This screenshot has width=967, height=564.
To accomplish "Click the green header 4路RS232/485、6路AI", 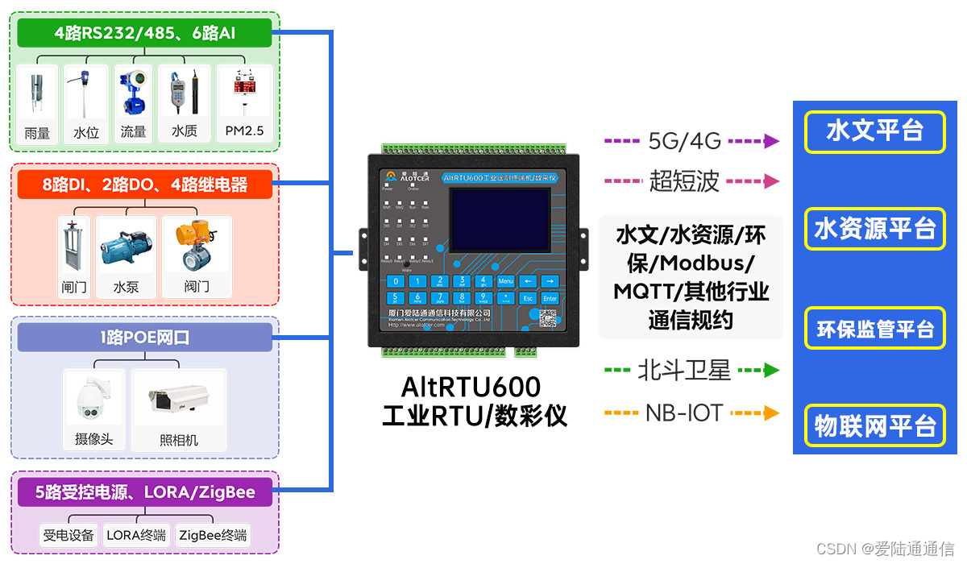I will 144,33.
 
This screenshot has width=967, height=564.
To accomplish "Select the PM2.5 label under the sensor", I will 244,131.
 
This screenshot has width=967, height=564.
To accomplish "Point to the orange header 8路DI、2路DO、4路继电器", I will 144,185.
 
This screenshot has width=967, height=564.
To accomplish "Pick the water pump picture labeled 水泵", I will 126,246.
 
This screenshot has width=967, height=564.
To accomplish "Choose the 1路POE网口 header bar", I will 144,338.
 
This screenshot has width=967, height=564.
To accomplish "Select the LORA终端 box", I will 136,535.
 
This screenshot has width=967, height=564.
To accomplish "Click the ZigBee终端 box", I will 214,535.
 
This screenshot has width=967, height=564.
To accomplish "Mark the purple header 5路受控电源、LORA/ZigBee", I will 144,492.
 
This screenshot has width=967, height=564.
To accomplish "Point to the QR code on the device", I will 548,319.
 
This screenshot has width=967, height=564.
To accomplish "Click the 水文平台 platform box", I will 874,131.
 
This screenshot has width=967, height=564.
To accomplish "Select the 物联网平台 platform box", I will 874,425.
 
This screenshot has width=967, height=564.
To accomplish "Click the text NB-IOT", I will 684,413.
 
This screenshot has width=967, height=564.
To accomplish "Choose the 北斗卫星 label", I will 684,371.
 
